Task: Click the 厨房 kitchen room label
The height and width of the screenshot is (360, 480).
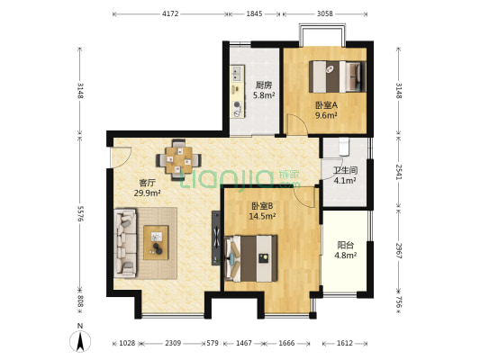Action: point(263,85)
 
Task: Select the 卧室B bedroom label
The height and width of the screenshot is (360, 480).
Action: point(263,205)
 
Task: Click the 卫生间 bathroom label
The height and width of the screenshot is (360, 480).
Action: point(346,169)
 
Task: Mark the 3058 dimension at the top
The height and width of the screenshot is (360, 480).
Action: point(325,13)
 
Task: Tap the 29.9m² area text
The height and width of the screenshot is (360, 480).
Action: point(147,193)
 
